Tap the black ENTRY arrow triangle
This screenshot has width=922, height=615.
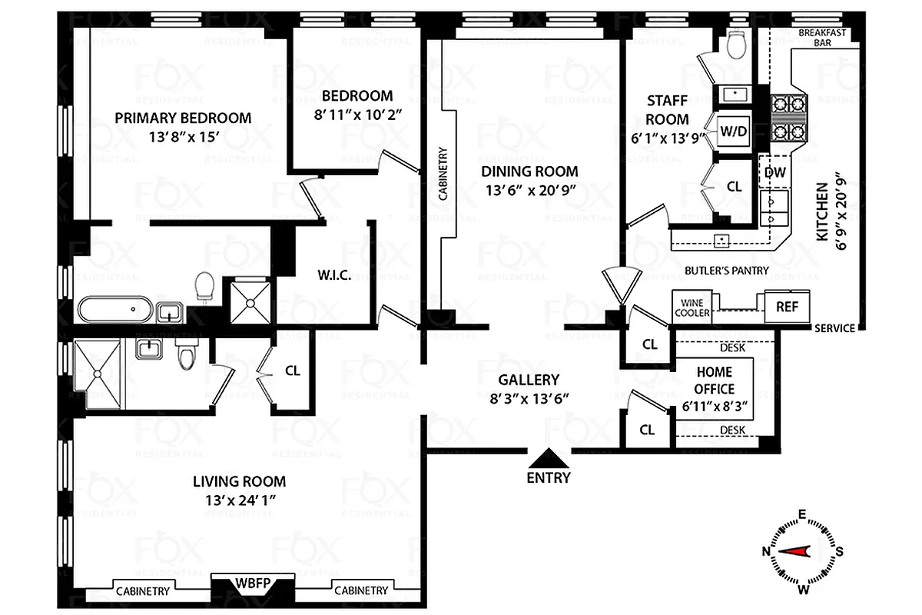point(549,458)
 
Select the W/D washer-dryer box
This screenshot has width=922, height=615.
point(733,131)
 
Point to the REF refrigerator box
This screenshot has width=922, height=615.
point(787,307)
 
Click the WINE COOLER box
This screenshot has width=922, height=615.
point(692,308)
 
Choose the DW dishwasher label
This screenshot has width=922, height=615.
point(775,172)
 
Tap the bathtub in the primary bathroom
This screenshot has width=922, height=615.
point(115,310)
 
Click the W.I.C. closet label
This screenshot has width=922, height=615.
point(335,275)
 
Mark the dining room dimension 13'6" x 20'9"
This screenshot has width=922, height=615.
point(529,191)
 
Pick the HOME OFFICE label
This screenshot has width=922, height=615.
point(715,381)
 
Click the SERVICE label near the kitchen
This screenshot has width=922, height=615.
point(834,328)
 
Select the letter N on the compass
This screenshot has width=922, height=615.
point(766,551)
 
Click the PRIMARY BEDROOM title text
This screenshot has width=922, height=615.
point(183,118)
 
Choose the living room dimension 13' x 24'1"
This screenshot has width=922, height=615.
point(239,500)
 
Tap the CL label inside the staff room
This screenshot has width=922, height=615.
point(734,187)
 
